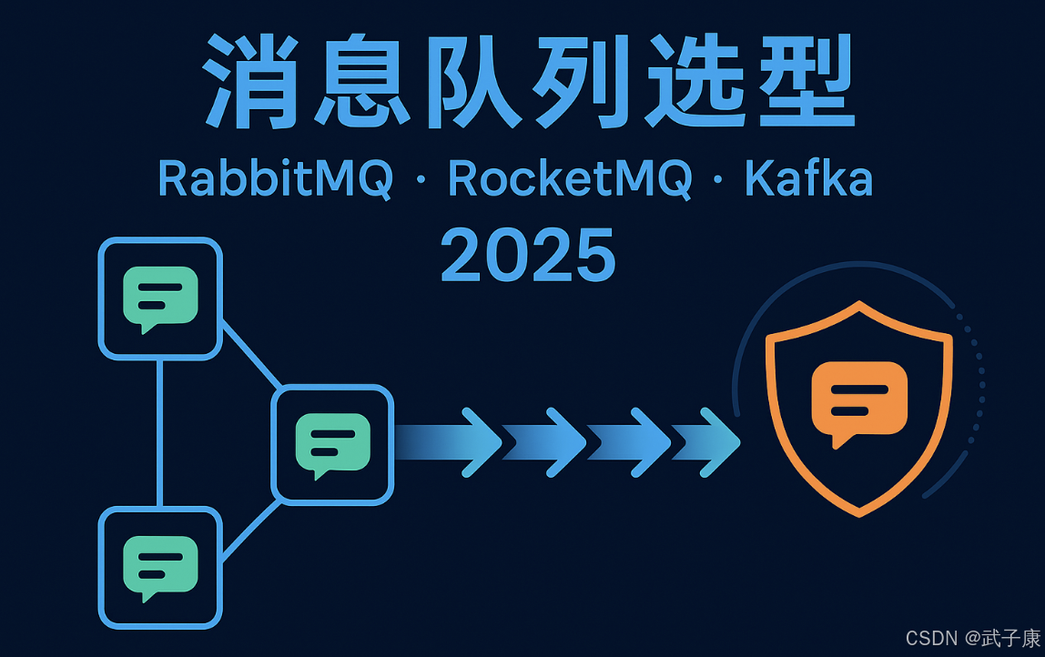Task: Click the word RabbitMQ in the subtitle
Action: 276,178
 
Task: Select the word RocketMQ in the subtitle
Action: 570,178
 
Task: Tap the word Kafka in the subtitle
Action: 809,178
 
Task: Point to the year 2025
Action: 528,255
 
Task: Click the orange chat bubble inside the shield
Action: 859,401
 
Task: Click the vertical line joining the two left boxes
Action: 160,432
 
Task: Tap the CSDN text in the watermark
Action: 914,639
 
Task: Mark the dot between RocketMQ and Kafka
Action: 719,181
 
